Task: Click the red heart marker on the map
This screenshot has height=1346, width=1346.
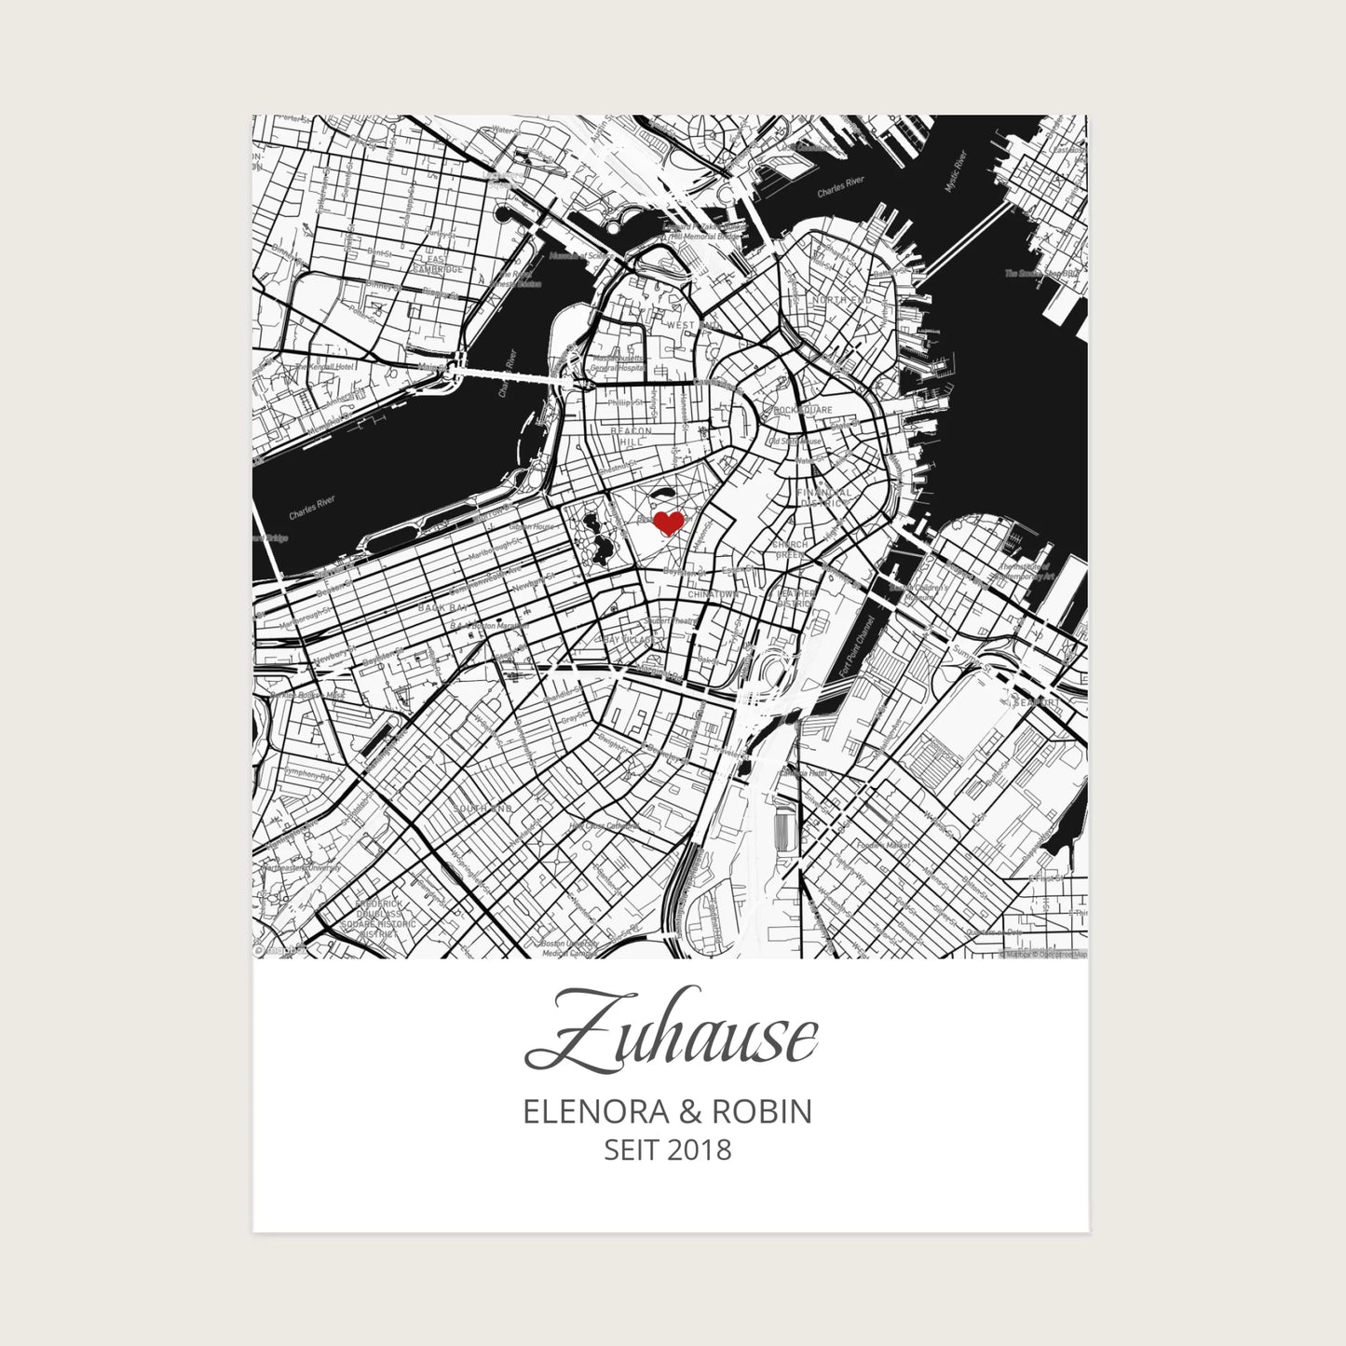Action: [668, 523]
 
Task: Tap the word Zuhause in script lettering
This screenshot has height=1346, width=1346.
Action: [672, 1040]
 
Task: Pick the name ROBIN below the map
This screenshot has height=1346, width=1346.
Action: [761, 1111]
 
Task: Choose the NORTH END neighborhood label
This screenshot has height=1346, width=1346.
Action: [841, 300]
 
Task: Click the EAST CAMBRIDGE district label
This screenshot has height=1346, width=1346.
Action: [438, 264]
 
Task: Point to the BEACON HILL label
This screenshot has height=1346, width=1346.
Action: [631, 438]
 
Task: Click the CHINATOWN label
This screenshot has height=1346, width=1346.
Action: [713, 593]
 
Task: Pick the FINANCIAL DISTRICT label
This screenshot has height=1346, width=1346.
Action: [825, 497]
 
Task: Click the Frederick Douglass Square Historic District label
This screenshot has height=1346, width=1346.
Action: [378, 918]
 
